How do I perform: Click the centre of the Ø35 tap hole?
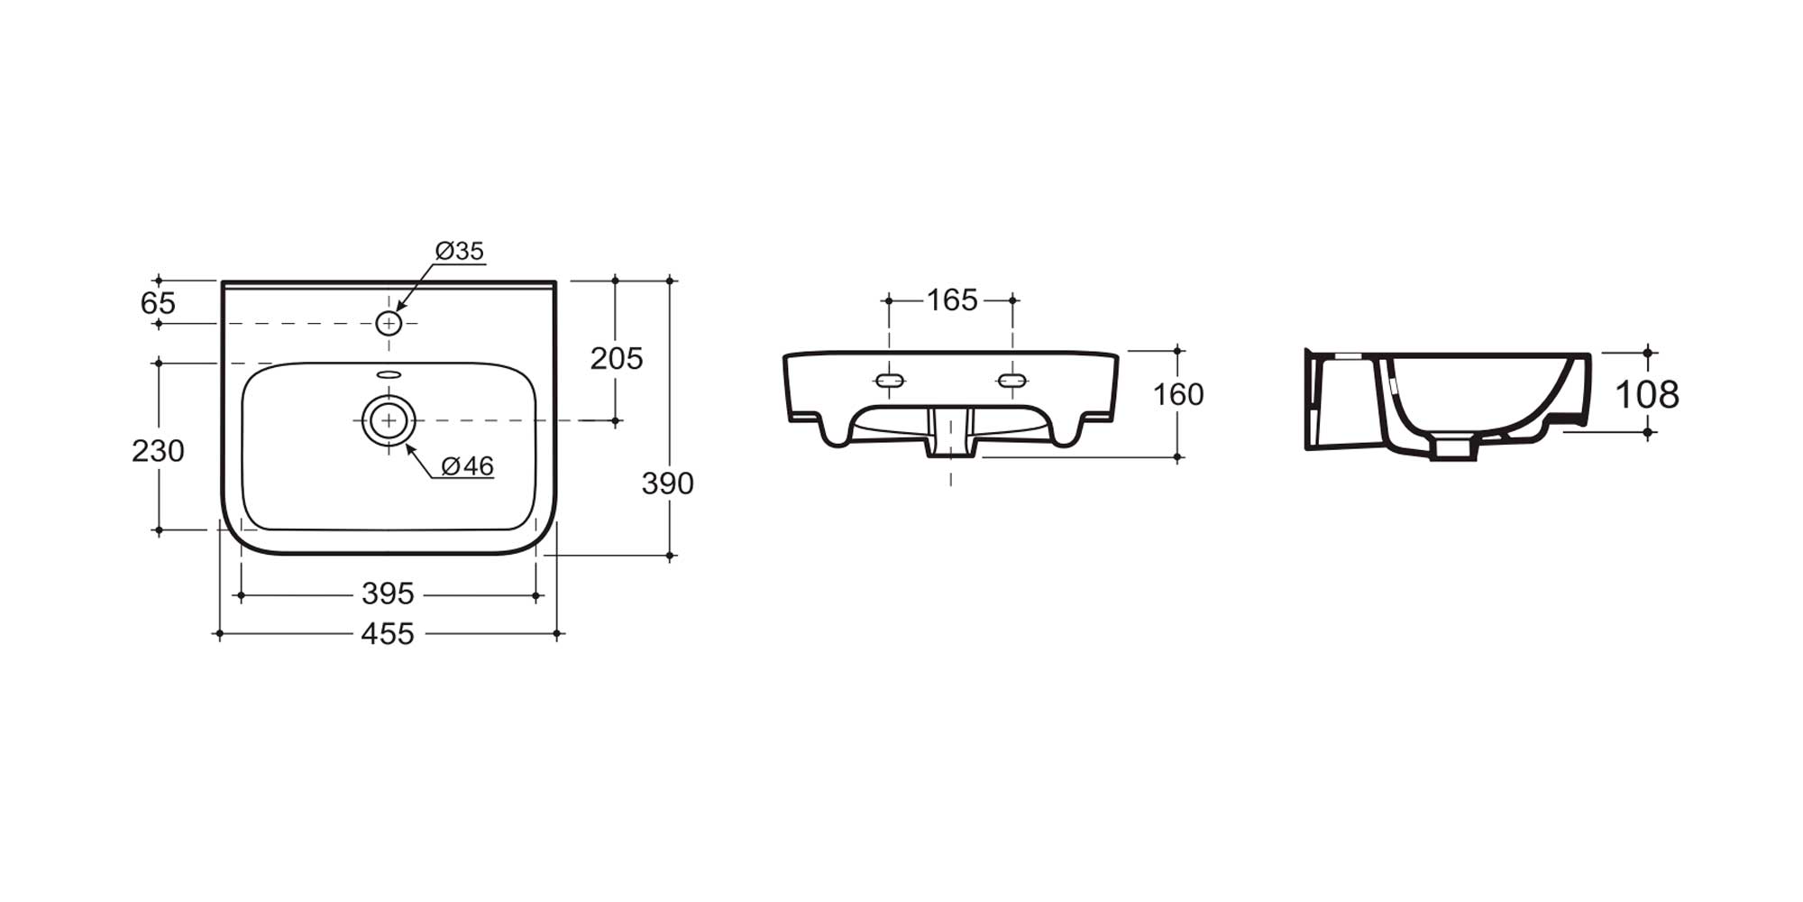(x=389, y=323)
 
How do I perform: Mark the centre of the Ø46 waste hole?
(x=389, y=420)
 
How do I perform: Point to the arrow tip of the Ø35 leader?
(x=398, y=312)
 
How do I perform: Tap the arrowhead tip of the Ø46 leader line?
(x=406, y=444)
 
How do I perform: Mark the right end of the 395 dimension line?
(x=536, y=595)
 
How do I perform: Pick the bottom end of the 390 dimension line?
(x=670, y=556)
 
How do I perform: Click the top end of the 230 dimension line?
(x=159, y=363)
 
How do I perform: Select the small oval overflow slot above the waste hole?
(x=389, y=374)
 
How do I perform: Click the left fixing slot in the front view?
(x=890, y=381)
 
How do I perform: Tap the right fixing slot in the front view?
(x=1012, y=381)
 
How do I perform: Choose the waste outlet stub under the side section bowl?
(x=1453, y=448)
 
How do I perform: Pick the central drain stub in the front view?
(x=951, y=432)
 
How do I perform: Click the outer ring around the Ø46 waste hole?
(x=389, y=395)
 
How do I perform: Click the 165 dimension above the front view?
(x=952, y=299)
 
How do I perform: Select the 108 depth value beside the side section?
(x=1647, y=394)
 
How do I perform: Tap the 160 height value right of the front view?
(x=1178, y=394)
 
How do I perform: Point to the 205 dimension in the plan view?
(x=617, y=358)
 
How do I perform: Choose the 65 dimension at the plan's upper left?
(x=158, y=303)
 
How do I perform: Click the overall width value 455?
(x=388, y=634)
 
